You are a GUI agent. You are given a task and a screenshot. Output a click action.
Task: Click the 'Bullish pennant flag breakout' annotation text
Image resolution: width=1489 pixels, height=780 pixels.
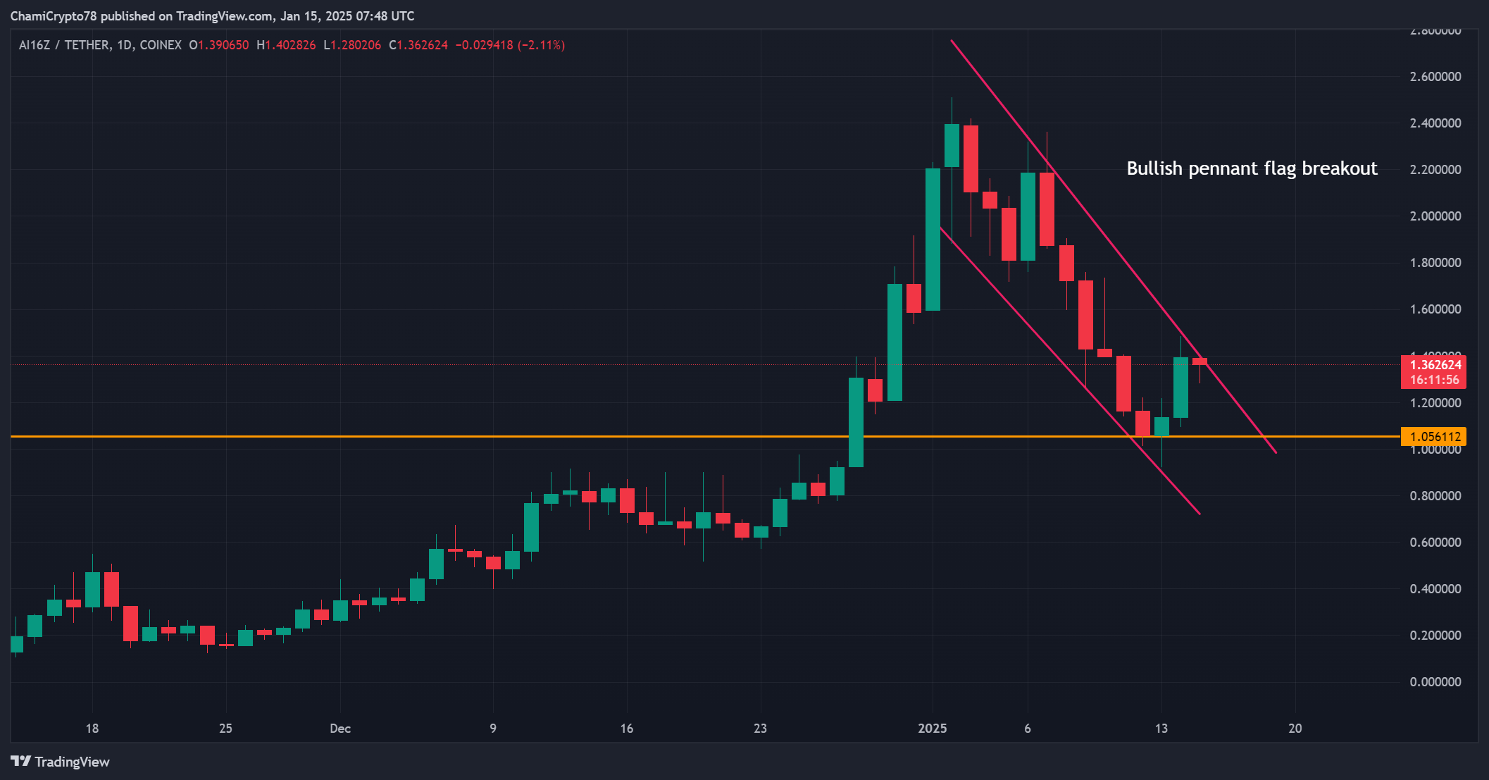[1252, 168]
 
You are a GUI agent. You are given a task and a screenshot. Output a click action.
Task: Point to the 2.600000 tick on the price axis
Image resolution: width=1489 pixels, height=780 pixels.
[1435, 77]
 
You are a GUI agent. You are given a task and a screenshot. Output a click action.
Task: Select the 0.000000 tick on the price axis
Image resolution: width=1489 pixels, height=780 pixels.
[1435, 682]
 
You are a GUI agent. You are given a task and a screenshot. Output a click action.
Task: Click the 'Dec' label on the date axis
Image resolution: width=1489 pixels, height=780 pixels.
[340, 729]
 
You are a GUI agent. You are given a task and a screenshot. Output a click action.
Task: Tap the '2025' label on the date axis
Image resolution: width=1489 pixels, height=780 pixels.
[933, 729]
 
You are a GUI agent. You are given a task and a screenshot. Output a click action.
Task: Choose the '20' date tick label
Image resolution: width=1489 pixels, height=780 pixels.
[1295, 729]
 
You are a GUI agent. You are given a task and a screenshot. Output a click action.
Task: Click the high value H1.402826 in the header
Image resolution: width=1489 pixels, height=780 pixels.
[286, 45]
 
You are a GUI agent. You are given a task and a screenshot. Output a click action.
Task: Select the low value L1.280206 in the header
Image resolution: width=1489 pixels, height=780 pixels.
[352, 45]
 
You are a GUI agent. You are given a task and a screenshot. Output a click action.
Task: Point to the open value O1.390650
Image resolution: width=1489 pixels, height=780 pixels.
[219, 45]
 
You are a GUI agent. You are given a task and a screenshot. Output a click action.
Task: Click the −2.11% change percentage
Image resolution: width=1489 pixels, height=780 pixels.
[541, 45]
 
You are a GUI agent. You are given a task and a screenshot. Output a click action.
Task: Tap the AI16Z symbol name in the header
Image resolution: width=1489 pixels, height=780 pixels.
[35, 45]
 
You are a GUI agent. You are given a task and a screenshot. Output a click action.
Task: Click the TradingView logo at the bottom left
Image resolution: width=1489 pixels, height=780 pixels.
[61, 762]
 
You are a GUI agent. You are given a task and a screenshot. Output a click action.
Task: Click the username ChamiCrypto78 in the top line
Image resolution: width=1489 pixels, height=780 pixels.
[54, 16]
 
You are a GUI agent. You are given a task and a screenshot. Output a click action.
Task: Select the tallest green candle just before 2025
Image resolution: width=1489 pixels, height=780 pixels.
[933, 240]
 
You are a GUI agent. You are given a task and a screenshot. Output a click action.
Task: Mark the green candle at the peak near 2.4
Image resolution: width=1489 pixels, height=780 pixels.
[952, 145]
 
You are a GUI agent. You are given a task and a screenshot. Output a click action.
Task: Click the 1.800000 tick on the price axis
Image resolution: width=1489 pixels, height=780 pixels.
[1435, 263]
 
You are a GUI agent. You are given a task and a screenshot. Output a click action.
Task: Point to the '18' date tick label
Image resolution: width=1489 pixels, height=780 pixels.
[92, 729]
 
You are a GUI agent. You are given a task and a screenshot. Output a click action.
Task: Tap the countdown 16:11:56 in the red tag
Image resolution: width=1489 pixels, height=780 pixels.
[1434, 380]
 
